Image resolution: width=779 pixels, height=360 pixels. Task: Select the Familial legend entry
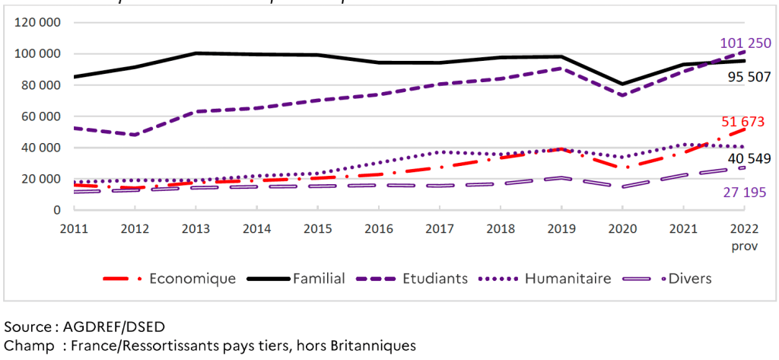319,279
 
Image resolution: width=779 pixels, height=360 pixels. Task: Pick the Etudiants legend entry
434,279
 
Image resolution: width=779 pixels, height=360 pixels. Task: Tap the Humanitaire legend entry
568,279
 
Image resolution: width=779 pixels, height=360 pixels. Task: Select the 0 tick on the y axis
56,210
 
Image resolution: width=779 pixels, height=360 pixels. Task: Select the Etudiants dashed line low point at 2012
135,135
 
